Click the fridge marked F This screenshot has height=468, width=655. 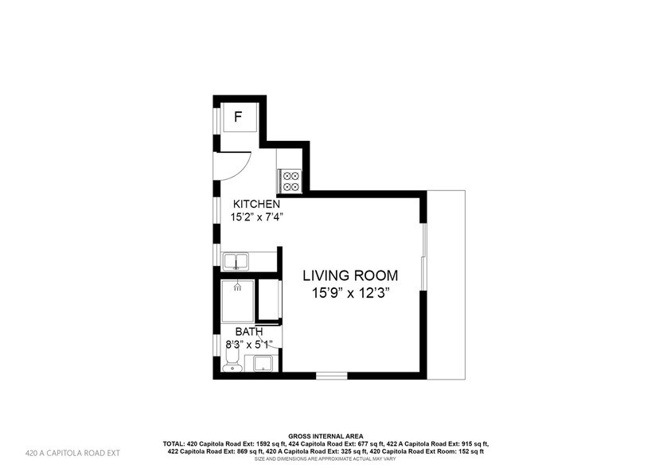click(x=238, y=119)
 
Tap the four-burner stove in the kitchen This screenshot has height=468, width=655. click(x=289, y=181)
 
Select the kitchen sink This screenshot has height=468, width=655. click(x=236, y=260)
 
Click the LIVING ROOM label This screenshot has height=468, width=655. click(x=349, y=275)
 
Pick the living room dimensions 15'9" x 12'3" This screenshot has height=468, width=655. click(x=350, y=292)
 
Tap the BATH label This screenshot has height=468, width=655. click(x=247, y=331)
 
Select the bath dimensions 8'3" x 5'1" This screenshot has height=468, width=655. click(x=249, y=344)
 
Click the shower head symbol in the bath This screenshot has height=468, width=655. click(x=236, y=288)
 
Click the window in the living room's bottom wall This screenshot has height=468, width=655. click(x=330, y=375)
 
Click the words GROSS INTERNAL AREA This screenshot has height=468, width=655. click(x=326, y=435)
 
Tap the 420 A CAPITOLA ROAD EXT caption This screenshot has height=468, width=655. click(x=72, y=453)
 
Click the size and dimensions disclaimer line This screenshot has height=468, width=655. click(x=326, y=460)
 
